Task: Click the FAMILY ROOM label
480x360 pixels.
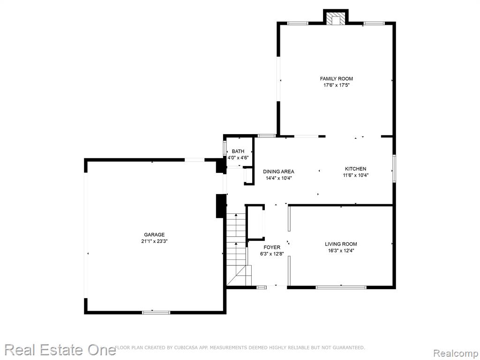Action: [337, 79]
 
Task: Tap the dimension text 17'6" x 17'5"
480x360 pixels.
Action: [337, 85]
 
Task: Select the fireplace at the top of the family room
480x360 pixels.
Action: [336, 19]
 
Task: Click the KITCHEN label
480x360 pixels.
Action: [355, 169]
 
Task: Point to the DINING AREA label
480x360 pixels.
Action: [278, 172]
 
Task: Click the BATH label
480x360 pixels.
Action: [238, 151]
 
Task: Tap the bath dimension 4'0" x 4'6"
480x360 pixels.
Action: [238, 157]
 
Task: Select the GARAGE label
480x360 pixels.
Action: [154, 235]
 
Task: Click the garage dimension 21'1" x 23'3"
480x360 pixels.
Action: [154, 241]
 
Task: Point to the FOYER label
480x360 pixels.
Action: [272, 247]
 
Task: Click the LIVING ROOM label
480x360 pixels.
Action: [341, 244]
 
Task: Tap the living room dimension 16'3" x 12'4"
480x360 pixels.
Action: [341, 250]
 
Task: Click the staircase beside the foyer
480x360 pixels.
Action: [238, 249]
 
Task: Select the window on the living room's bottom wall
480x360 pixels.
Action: [341, 287]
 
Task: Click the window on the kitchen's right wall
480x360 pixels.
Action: [394, 168]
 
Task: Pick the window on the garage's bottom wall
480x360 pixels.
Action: [156, 312]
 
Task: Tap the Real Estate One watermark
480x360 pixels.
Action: [60, 350]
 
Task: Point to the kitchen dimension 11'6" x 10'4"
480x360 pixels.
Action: [355, 175]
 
